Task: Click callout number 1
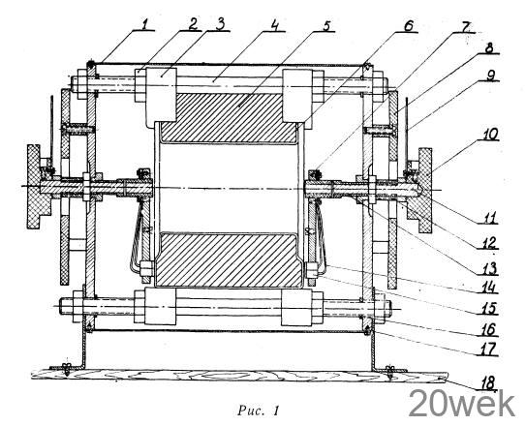click(x=144, y=25)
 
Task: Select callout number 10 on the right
click(x=491, y=135)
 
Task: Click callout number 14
click(x=490, y=288)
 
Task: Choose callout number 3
click(x=220, y=25)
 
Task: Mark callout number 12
click(x=490, y=243)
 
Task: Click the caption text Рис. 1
click(x=259, y=411)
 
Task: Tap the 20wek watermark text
click(x=462, y=404)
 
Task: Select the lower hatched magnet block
click(x=229, y=259)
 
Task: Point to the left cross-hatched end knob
click(x=38, y=187)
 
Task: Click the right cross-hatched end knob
click(x=419, y=190)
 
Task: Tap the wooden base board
click(x=239, y=375)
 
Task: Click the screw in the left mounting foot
click(x=67, y=368)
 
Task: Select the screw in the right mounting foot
click(x=389, y=371)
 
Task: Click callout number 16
click(x=490, y=330)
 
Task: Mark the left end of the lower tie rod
click(x=60, y=306)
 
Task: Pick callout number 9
click(x=491, y=76)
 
